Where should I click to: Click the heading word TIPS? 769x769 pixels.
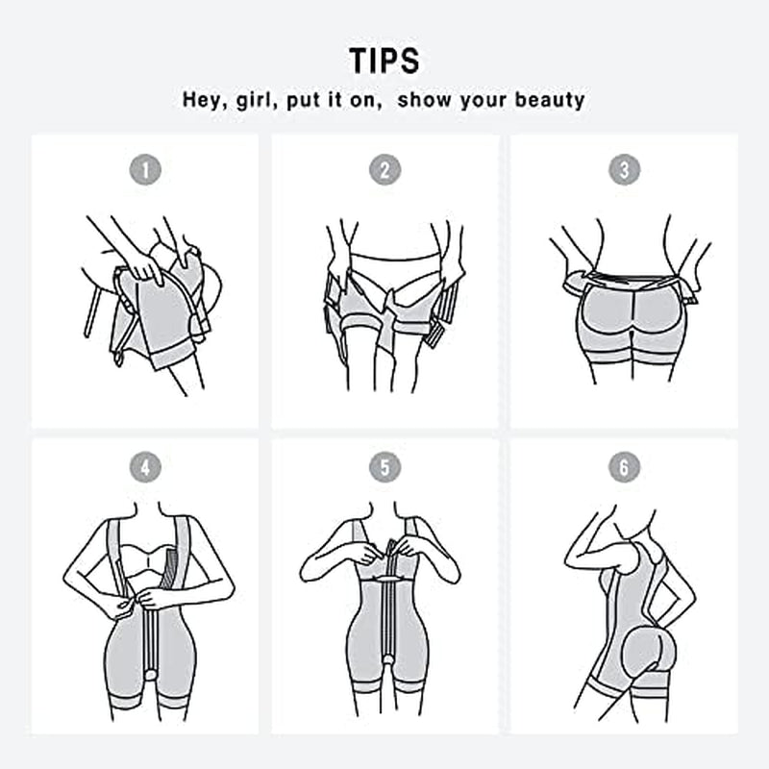(384, 60)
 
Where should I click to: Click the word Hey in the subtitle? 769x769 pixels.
(205, 99)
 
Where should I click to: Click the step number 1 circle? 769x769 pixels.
(145, 170)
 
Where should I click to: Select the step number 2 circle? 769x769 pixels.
(384, 170)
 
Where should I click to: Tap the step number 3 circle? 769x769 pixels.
(624, 170)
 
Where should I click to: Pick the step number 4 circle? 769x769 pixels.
(145, 468)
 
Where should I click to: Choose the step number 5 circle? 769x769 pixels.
(384, 468)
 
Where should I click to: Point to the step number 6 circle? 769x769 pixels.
(624, 468)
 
